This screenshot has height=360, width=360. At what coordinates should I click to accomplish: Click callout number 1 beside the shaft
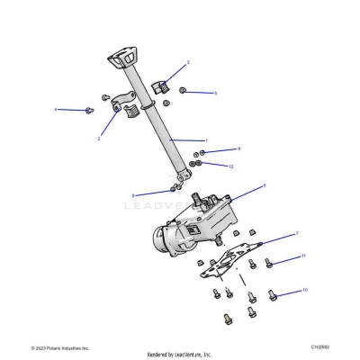(206, 140)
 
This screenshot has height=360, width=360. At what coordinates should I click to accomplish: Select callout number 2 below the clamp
(98, 139)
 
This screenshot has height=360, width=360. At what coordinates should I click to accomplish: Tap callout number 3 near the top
(187, 62)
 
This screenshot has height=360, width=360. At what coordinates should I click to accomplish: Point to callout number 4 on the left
(56, 110)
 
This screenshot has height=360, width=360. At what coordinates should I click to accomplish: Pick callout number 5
(215, 93)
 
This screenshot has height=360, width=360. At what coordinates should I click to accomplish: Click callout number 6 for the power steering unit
(264, 185)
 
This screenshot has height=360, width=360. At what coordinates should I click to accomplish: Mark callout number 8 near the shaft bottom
(134, 194)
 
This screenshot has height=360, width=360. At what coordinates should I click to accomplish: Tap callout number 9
(238, 149)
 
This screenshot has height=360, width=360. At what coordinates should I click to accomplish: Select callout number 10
(305, 291)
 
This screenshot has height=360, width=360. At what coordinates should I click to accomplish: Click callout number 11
(303, 256)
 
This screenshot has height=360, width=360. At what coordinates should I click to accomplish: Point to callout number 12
(230, 166)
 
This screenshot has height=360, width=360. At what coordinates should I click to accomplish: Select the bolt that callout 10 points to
(274, 295)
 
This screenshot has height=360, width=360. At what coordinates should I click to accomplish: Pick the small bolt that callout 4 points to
(88, 110)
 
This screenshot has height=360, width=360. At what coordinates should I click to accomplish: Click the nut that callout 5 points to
(183, 91)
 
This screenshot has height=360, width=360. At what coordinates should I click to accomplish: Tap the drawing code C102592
(320, 346)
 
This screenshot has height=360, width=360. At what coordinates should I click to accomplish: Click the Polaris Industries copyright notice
(60, 347)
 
